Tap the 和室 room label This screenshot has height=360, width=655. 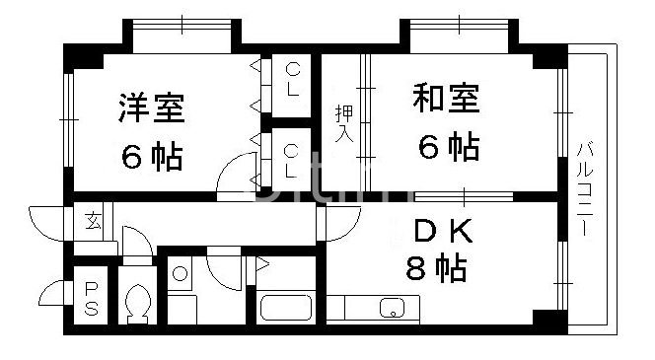tap(446, 100)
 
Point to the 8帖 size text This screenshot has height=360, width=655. tap(433, 267)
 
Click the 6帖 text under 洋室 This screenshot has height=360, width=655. tap(152, 155)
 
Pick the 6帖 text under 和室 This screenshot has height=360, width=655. tap(448, 148)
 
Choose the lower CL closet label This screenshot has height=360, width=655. tap(291, 161)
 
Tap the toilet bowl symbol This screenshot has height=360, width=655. tap(138, 301)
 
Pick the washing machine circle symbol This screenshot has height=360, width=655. tap(179, 274)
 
